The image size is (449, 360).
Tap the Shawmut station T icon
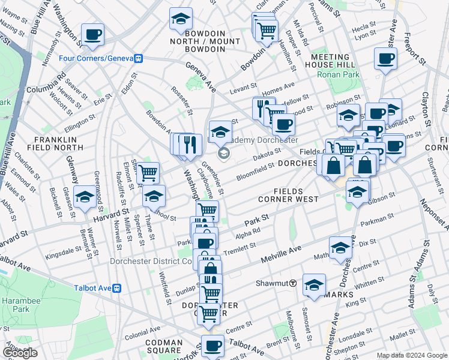pos(294,283)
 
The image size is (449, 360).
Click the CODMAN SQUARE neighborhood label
pos(163,347)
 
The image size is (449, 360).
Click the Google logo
pos(20,353)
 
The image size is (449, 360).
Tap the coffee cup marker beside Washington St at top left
pos(92,35)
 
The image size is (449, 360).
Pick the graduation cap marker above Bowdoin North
pos(180,20)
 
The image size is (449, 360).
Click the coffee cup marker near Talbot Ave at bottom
pos(212,346)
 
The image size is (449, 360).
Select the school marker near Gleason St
pos(84,197)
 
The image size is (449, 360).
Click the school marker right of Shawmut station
pos(314,285)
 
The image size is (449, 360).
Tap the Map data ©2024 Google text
pos(412,355)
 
